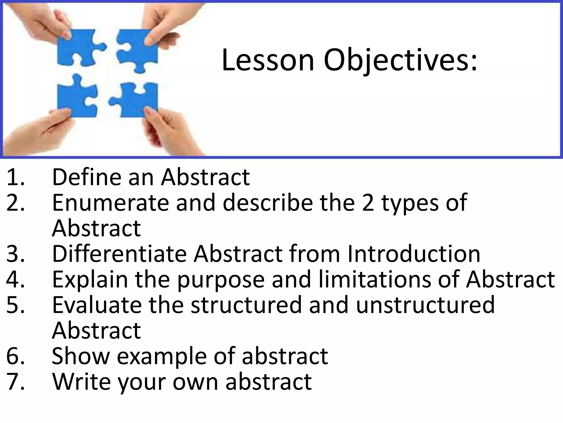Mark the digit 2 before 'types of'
pos(368,203)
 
